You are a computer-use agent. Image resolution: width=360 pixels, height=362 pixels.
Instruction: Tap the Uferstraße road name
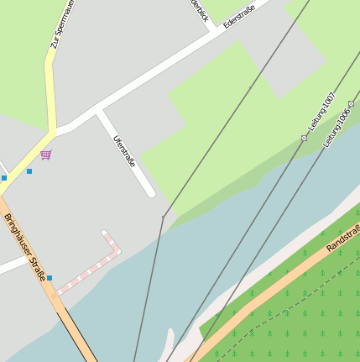[x=124, y=151]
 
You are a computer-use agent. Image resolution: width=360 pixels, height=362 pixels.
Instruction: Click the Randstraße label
[x=342, y=239]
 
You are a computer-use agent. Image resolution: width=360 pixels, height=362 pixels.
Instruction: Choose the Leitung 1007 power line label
[x=321, y=111]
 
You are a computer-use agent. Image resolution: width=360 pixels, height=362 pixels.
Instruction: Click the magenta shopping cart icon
[x=45, y=155]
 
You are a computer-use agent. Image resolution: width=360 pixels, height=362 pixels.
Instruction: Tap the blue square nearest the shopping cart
[x=29, y=171]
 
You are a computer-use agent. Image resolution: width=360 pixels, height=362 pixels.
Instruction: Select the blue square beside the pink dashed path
[x=50, y=278]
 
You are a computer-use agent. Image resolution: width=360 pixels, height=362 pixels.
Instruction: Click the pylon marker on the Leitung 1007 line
[x=304, y=138]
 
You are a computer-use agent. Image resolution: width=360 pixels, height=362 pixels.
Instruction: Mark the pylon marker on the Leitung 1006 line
[x=352, y=103]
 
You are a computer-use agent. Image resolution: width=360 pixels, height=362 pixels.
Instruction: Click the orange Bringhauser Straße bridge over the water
[x=80, y=336]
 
